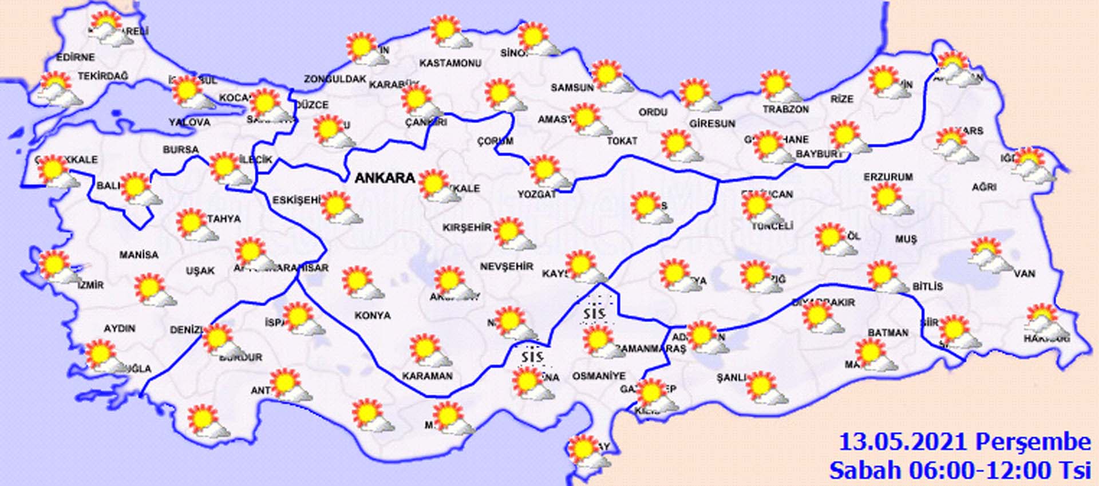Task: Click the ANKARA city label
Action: point(385,178)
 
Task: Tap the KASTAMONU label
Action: point(450,63)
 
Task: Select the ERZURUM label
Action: point(888,177)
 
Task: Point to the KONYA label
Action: point(372,315)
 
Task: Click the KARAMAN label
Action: point(427,376)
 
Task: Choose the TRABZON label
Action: point(785,109)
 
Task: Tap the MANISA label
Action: point(139,255)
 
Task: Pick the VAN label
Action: point(1024,274)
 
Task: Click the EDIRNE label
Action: point(75,57)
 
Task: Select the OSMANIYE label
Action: point(599,376)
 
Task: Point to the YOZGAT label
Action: point(537,195)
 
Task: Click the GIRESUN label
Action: point(712,123)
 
